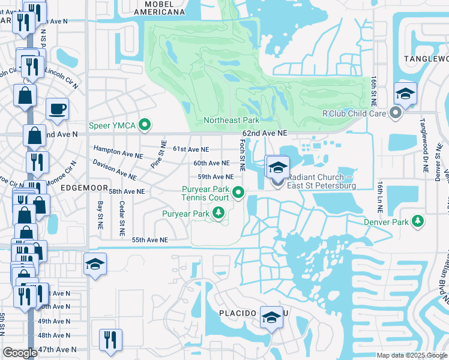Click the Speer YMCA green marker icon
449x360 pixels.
[144, 125]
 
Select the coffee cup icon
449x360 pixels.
[58, 109]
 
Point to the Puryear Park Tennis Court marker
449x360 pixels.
[239, 193]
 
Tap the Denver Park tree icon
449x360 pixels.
[417, 222]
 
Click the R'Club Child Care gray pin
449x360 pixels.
[395, 113]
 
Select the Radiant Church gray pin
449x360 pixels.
[277, 184]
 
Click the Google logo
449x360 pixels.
[20, 353]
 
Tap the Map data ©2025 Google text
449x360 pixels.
[412, 355]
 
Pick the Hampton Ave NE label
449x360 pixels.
[118, 152]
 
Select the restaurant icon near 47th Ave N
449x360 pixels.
[110, 339]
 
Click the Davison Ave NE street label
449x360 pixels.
[114, 170]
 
